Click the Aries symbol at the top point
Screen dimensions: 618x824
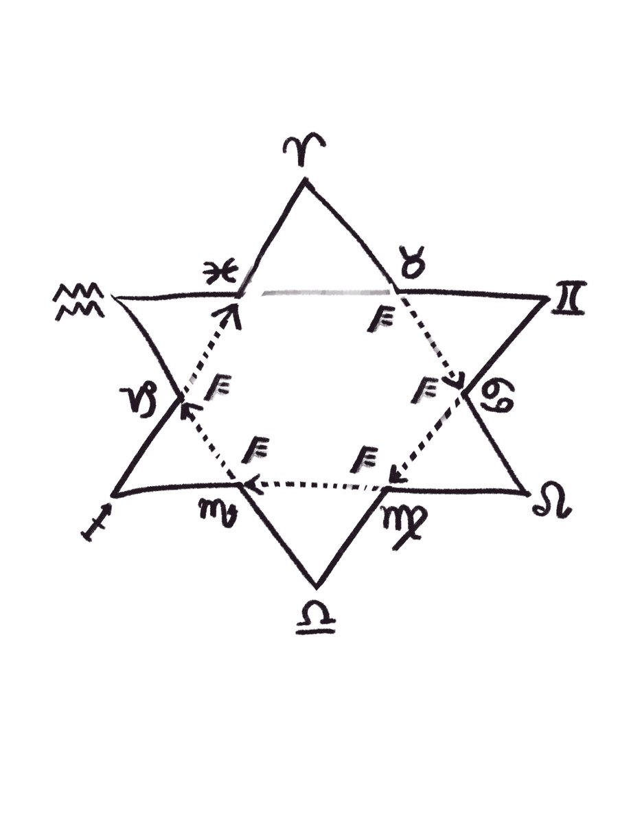point(304,147)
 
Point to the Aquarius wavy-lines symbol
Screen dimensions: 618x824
point(80,301)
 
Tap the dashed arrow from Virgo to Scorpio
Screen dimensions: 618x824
point(314,485)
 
